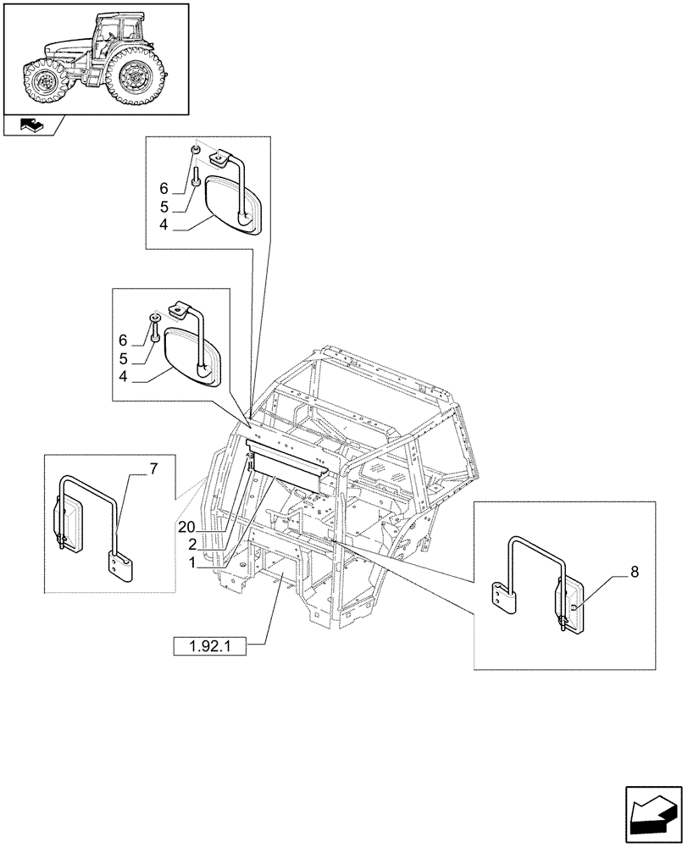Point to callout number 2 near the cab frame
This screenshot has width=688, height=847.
[x=193, y=543]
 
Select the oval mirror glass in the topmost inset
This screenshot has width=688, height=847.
[x=231, y=204]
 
